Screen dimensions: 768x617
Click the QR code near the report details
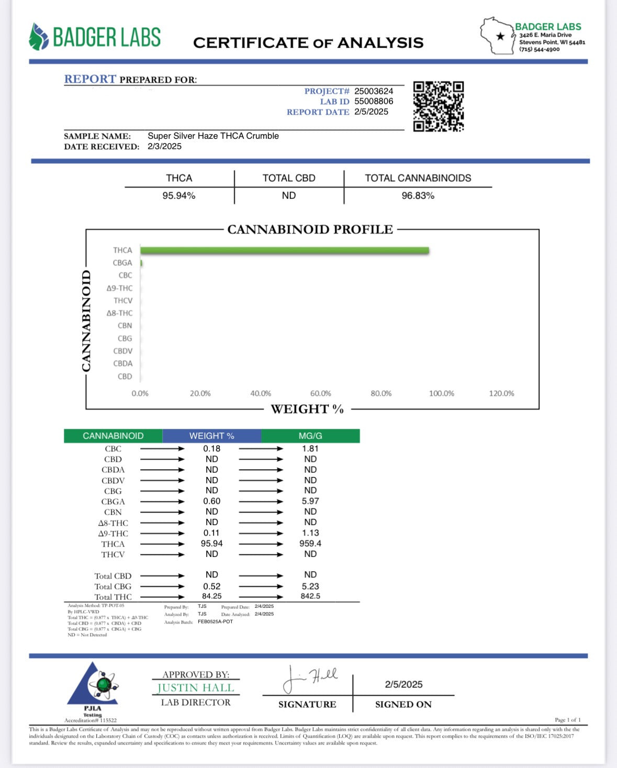[x=439, y=106]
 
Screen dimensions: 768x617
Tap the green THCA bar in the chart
[x=285, y=251]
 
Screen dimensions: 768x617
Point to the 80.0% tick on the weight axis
[x=381, y=394]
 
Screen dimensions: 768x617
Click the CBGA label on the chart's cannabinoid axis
[x=122, y=263]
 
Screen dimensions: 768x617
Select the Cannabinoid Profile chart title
[x=310, y=229]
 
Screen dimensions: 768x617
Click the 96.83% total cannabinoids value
[x=418, y=196]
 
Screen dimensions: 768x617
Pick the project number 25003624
[x=374, y=91]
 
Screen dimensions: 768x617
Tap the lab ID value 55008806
[x=374, y=102]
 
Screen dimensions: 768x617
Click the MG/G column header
[x=310, y=436]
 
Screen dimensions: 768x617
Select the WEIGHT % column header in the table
[x=211, y=436]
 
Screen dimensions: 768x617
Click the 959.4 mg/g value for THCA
[x=310, y=543]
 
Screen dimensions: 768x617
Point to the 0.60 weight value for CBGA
[x=211, y=501]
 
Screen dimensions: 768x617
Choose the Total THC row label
[x=113, y=597]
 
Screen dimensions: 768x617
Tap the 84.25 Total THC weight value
[x=211, y=596]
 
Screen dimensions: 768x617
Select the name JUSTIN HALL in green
[x=196, y=688]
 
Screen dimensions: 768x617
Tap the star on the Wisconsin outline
[x=501, y=36]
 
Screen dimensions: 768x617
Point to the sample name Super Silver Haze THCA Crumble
[x=213, y=136]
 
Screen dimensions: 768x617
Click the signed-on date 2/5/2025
[x=403, y=684]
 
